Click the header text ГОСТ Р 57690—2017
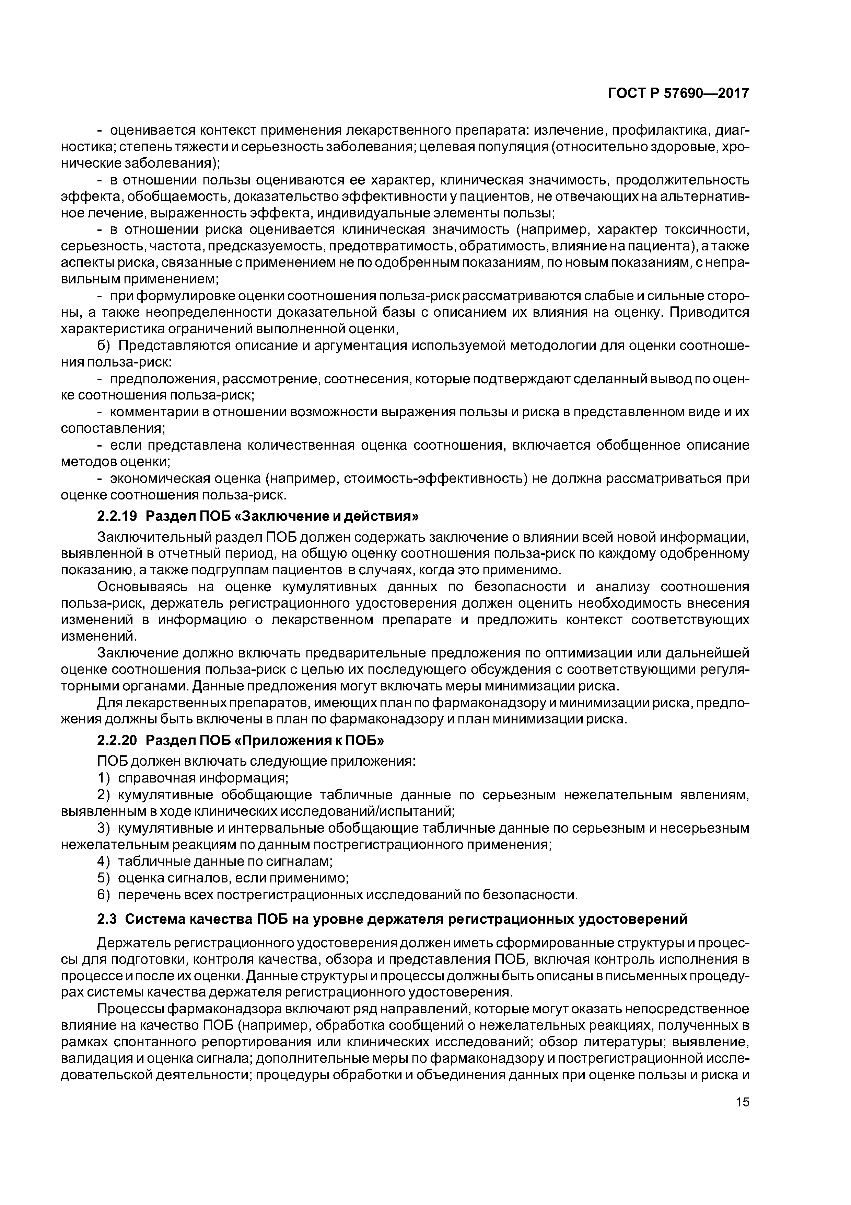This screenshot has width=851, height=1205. click(678, 93)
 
